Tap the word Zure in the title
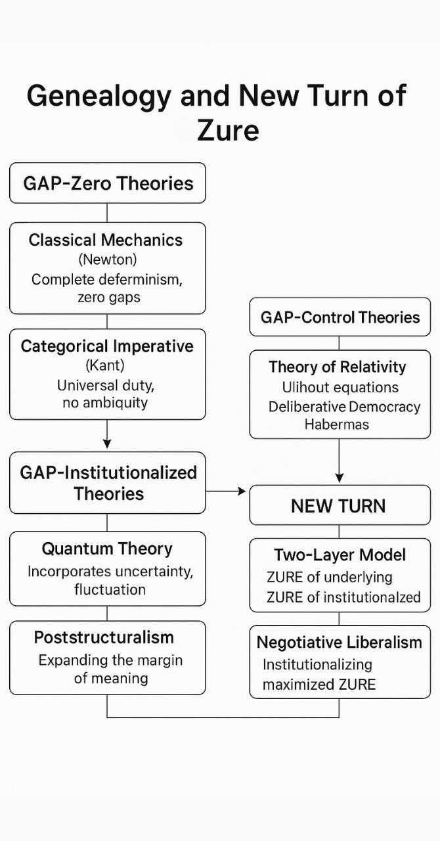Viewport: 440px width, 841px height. coord(228,130)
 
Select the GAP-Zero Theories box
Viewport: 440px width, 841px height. coord(108,183)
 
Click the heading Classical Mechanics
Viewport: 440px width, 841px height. coord(106,240)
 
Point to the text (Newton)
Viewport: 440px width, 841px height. coord(107,260)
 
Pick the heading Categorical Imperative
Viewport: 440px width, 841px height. coord(107,346)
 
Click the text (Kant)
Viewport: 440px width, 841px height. coord(107,365)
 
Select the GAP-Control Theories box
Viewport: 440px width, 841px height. coord(340,317)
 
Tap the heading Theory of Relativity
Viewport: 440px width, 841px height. coord(337,367)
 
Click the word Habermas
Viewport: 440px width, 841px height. coord(337,424)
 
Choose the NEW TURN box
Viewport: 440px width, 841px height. coord(338,506)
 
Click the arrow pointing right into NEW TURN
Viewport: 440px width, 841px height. coord(240,491)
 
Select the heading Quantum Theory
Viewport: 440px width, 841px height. coord(107,549)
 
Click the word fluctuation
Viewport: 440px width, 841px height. coord(110,589)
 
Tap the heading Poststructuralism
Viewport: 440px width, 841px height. coord(104,637)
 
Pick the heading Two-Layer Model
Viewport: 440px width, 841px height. coord(340,555)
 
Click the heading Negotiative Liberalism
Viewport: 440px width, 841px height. coord(340,642)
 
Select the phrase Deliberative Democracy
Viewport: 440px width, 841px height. coord(344,407)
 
